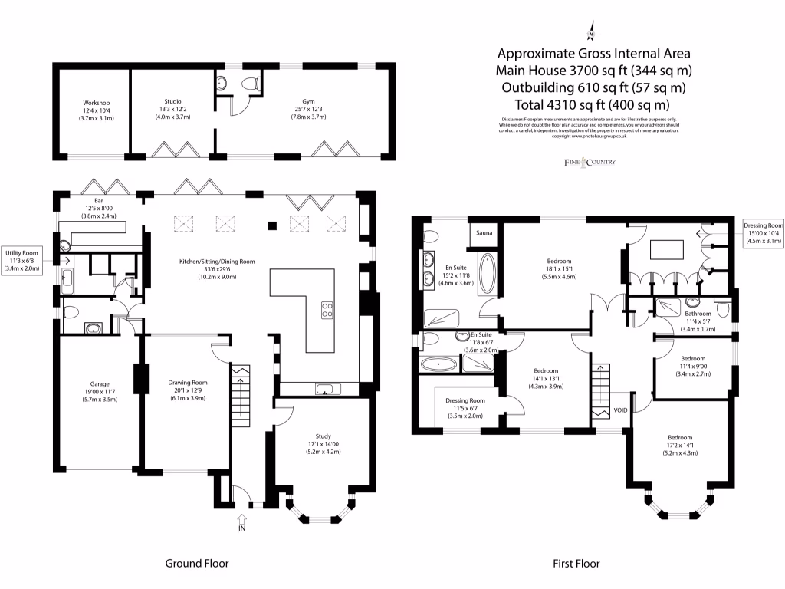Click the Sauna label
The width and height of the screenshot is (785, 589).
click(484, 232)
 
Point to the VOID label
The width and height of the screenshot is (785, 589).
click(621, 410)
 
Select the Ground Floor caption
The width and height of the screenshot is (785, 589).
click(197, 564)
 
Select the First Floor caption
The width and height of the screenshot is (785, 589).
click(576, 564)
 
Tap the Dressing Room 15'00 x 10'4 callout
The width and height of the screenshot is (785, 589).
click(764, 233)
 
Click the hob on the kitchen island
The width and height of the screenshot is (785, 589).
click(326, 310)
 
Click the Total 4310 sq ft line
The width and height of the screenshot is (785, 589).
click(593, 104)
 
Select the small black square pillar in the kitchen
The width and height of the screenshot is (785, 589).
click(271, 225)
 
